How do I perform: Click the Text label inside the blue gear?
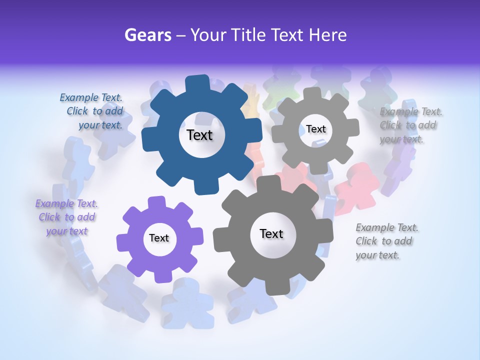pyautogui.click(x=199, y=135)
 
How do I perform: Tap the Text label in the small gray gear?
pyautogui.click(x=315, y=129)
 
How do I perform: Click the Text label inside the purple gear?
pyautogui.click(x=159, y=238)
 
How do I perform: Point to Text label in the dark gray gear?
pyautogui.click(x=271, y=234)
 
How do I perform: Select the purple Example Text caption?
pyautogui.click(x=66, y=217)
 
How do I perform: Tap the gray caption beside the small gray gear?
pyautogui.click(x=410, y=125)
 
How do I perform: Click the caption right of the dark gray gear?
pyautogui.click(x=386, y=241)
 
